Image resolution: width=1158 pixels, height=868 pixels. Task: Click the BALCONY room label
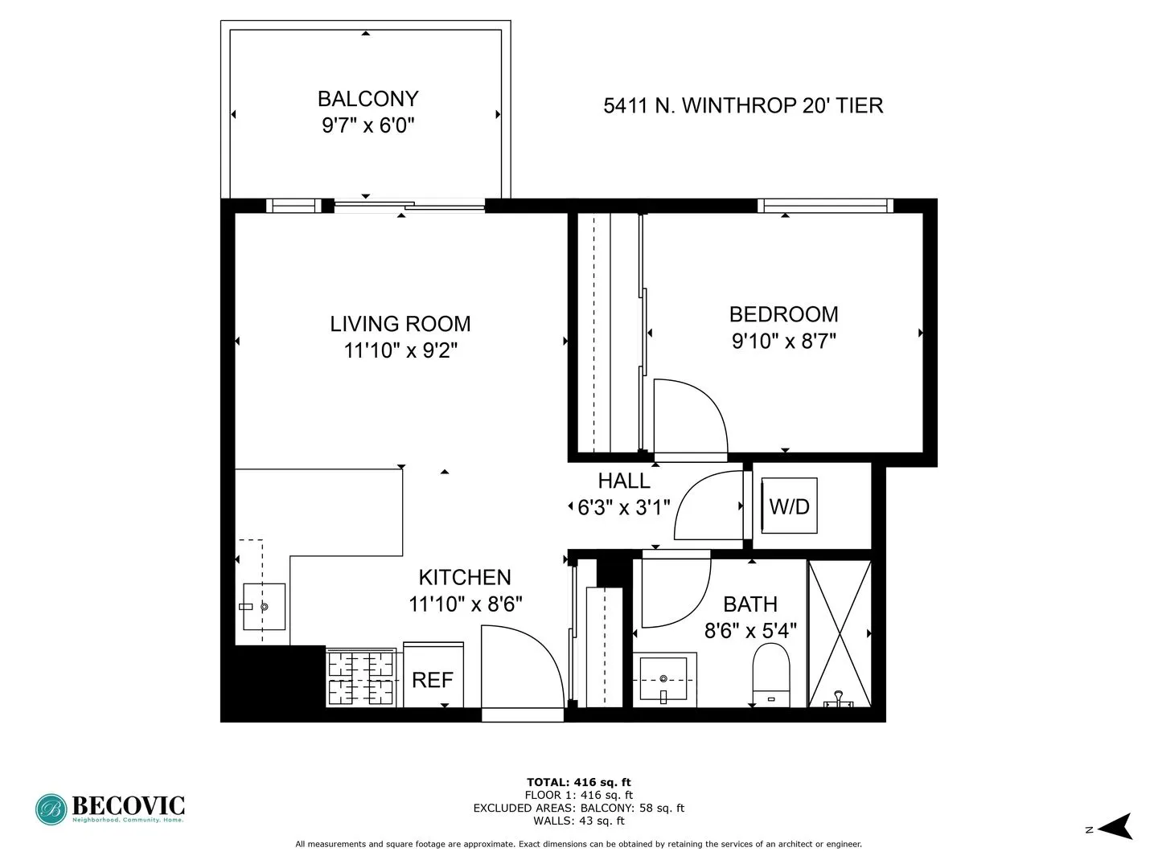pos(368,99)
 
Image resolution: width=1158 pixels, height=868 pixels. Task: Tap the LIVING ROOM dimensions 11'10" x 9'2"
pos(400,350)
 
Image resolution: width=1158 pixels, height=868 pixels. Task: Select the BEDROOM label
pos(783,314)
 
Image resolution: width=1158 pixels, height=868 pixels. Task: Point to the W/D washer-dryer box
pos(789,506)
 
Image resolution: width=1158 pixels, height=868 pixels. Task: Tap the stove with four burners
pos(360,678)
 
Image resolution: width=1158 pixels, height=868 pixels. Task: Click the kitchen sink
pos(264,607)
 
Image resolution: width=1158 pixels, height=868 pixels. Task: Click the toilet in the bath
pos(771,674)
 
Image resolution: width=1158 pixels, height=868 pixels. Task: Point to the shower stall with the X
pos(839,634)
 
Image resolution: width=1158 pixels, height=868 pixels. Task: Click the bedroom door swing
pos(688,418)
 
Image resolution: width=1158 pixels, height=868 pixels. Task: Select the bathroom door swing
pos(674,591)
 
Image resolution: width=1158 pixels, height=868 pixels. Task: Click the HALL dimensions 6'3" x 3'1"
pos(623,508)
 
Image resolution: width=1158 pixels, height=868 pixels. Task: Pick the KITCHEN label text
pos(465,578)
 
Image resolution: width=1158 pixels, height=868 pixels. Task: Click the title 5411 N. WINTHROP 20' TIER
pos(743,106)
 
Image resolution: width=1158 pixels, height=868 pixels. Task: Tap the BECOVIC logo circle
pos(51,809)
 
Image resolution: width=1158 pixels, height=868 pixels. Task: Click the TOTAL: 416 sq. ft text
pos(578,782)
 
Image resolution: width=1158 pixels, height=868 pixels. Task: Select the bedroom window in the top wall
pos(825,206)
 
